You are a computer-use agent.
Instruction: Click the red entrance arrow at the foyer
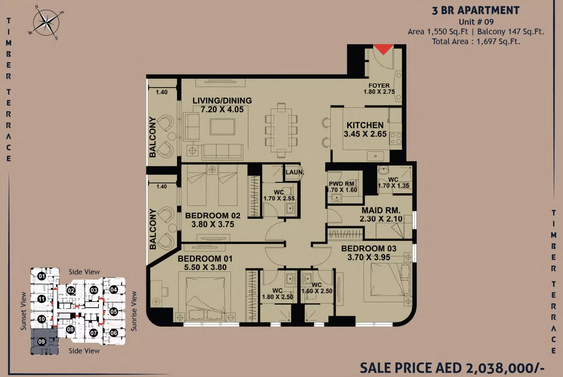click(x=383, y=49)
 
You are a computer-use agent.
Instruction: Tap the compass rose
click(x=46, y=23)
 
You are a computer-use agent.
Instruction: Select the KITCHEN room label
click(x=365, y=125)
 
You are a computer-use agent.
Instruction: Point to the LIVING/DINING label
click(x=222, y=100)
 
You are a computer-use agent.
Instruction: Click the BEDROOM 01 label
click(x=205, y=259)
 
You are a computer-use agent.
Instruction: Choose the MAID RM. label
click(x=381, y=210)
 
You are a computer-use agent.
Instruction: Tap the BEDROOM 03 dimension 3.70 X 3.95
click(x=369, y=257)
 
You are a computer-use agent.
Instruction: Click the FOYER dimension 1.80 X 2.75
click(x=379, y=92)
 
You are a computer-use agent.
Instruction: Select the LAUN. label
click(x=295, y=172)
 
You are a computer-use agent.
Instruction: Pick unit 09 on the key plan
click(x=42, y=342)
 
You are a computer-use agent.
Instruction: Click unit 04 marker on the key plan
click(x=114, y=290)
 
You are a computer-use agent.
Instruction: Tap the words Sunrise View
click(x=134, y=311)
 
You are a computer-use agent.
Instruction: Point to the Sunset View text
click(x=23, y=311)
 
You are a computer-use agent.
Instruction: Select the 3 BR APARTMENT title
click(x=476, y=11)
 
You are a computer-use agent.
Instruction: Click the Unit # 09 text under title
click(x=476, y=22)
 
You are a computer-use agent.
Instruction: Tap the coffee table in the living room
click(x=222, y=127)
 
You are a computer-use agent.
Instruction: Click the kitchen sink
click(x=375, y=156)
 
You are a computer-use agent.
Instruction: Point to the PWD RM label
click(x=342, y=184)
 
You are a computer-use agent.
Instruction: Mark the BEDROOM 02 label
click(x=213, y=216)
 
